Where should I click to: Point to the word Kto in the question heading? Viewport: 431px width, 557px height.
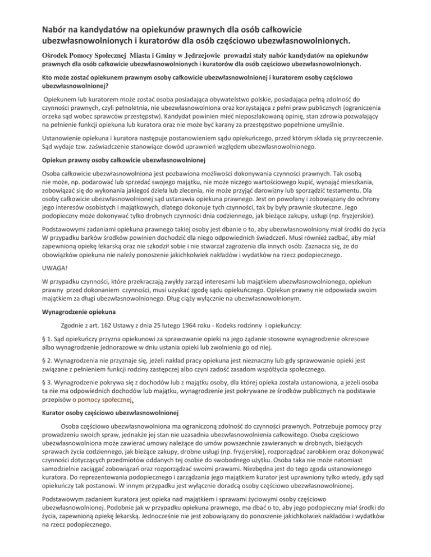click(49, 78)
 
